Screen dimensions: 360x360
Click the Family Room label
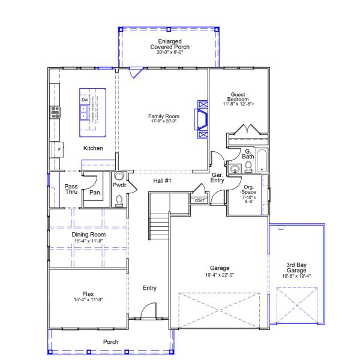(164, 116)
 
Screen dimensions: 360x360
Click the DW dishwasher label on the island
(85, 100)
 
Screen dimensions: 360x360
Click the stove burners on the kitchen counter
(55, 111)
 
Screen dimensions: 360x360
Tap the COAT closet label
(199, 200)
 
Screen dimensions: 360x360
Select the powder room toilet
(119, 200)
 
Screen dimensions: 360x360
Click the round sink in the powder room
(119, 176)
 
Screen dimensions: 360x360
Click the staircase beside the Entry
(159, 226)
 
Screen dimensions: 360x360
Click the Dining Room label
(89, 235)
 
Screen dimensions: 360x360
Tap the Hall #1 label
(160, 181)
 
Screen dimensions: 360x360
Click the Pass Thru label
(71, 190)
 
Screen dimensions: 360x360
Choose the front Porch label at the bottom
(110, 342)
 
